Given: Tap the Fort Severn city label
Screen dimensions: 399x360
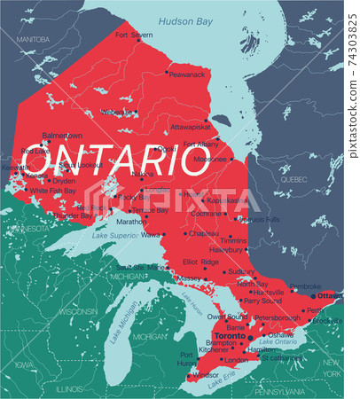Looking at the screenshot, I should [134, 35].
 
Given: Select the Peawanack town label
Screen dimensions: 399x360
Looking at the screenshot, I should [187, 75].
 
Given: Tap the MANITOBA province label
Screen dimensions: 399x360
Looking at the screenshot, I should [32, 40].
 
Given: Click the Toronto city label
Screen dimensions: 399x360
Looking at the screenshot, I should [229, 338].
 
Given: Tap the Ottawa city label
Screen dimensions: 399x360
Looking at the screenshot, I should [330, 294].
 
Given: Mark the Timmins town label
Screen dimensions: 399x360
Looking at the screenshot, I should [233, 240].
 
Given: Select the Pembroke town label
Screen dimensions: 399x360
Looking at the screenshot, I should [305, 286].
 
